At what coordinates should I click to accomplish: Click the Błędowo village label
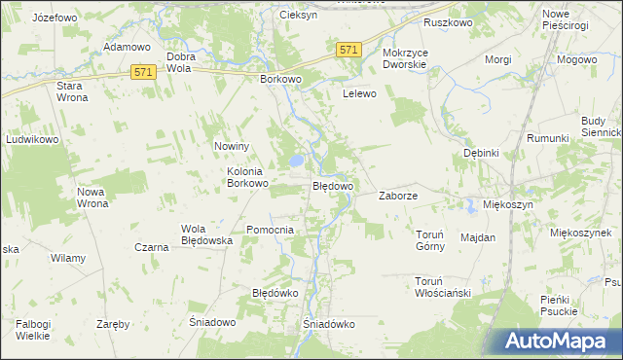(x=332, y=185)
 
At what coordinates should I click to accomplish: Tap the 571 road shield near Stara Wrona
(x=144, y=72)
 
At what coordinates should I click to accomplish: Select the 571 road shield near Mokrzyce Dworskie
(x=349, y=50)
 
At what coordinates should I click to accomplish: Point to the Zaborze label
(x=398, y=196)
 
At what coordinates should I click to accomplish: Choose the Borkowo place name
(x=281, y=80)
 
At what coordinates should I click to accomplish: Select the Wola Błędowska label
(x=204, y=234)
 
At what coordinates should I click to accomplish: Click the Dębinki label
(x=481, y=153)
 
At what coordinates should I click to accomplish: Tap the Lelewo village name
(x=359, y=94)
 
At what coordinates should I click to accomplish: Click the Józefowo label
(x=55, y=18)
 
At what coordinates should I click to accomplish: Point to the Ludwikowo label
(x=33, y=139)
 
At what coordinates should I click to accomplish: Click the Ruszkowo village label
(x=447, y=20)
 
